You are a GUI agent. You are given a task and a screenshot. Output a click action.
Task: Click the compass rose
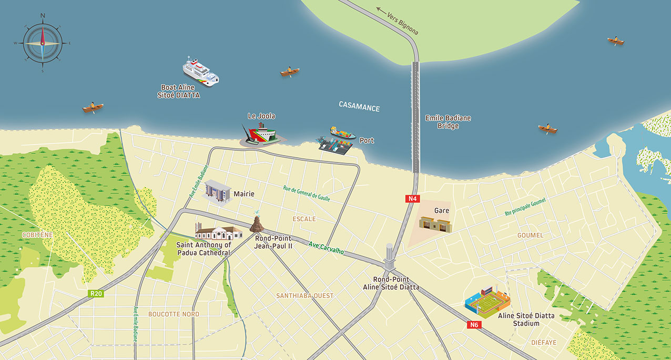point(43,43)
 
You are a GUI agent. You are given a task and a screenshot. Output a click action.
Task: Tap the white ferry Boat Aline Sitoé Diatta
point(200,71)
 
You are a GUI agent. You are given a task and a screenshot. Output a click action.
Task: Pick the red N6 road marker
point(474,325)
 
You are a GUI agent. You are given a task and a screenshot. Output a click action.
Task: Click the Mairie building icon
point(217,190)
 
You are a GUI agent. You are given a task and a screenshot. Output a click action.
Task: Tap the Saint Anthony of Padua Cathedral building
point(217,232)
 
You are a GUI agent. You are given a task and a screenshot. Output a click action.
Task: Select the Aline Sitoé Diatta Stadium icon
point(487,300)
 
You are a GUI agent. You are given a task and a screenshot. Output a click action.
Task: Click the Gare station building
point(435,223)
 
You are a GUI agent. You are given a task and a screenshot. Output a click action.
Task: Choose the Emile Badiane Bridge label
point(448,122)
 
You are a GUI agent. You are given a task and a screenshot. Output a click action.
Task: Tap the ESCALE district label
point(304,219)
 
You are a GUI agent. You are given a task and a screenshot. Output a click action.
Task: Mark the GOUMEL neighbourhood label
point(530,235)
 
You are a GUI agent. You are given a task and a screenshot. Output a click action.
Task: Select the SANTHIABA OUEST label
point(305,296)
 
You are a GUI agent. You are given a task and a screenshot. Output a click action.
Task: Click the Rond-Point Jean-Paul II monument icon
point(257,224)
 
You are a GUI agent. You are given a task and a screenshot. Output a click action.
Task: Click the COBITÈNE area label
point(37,235)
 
